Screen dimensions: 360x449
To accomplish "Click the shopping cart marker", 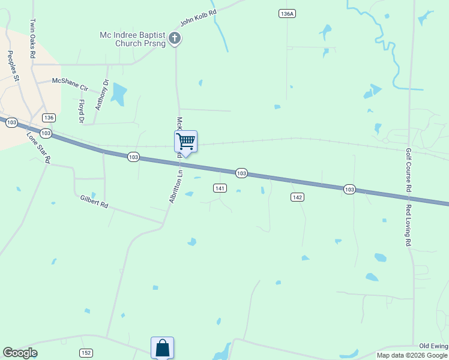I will [x=186, y=142].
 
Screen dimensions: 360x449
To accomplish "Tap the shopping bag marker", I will [x=162, y=347].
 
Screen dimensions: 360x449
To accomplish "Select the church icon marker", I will [x=175, y=39].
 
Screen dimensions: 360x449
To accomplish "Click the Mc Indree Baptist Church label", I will [x=133, y=39].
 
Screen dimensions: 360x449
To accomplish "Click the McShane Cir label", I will [x=70, y=83].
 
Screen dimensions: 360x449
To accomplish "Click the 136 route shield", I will [x=49, y=118].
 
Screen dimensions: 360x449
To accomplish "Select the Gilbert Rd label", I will [x=94, y=201].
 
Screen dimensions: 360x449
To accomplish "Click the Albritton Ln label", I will [x=175, y=187].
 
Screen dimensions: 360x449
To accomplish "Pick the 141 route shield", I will [x=220, y=188].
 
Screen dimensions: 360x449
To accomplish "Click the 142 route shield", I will [x=297, y=197].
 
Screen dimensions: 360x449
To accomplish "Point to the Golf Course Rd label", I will [x=409, y=170].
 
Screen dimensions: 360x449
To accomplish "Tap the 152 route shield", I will [x=86, y=353].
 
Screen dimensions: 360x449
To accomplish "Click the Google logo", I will [x=20, y=353].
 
